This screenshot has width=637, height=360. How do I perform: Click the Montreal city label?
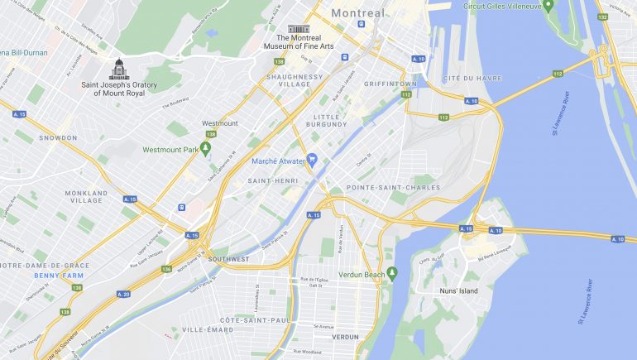coord(358,13)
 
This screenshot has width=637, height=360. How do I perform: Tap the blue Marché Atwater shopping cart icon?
coord(312,159)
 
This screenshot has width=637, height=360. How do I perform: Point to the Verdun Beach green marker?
coord(392,273)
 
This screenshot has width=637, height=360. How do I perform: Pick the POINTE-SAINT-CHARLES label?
coord(381,189)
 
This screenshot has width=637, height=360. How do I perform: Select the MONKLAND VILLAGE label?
coord(86,197)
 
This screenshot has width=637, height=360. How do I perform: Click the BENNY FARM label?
coord(59,275)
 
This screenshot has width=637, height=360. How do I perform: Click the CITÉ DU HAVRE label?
coord(453,78)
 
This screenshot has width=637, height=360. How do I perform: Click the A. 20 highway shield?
coord(124,294)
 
